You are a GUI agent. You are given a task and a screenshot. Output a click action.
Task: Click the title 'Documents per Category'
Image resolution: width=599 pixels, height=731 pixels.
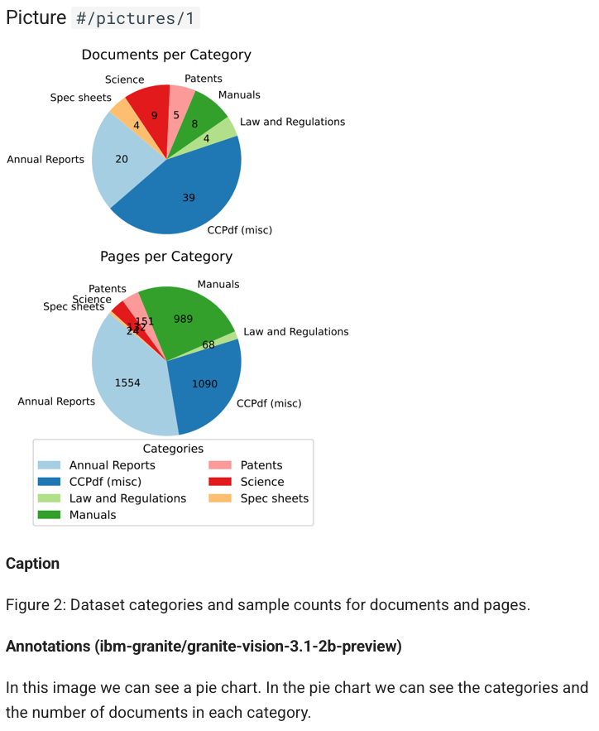point(165,55)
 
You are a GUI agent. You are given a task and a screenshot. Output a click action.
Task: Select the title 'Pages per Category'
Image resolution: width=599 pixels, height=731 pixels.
point(165,257)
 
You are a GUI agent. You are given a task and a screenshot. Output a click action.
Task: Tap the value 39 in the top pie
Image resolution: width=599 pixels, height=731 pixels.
point(189,197)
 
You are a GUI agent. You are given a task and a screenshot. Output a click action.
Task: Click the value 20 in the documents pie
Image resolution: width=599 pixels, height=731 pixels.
point(122,159)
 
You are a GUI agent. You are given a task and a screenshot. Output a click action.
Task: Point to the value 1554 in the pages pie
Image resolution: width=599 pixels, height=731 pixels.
point(127,382)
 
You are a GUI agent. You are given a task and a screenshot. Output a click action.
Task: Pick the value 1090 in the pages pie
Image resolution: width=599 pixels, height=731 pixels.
point(204,383)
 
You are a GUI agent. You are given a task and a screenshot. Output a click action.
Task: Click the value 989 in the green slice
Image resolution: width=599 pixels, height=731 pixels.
point(183,319)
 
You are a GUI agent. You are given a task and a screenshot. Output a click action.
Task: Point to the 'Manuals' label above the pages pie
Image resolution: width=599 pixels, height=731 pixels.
point(218,284)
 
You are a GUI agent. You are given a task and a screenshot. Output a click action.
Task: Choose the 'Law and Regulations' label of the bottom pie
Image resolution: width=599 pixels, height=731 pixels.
point(295,331)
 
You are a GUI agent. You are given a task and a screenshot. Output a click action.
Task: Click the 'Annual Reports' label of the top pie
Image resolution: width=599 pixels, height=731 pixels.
point(46,159)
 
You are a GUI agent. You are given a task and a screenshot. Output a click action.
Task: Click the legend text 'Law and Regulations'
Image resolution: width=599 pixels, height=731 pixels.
point(127,498)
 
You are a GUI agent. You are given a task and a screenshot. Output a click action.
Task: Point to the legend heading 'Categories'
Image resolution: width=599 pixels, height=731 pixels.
point(173,449)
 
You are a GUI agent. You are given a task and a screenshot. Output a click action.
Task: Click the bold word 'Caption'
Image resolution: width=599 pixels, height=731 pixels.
point(32,564)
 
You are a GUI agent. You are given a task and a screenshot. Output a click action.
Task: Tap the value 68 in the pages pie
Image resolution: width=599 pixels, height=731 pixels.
point(208,344)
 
